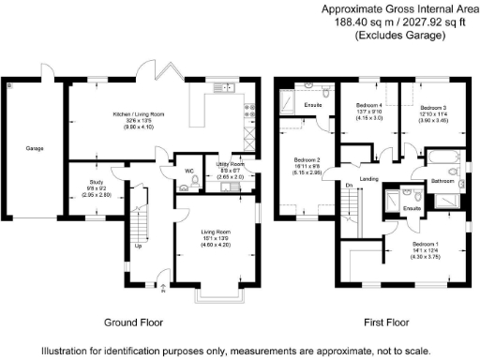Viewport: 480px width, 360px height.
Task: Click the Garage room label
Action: (x=34, y=148)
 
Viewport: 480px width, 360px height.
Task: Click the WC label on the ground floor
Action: (x=189, y=171)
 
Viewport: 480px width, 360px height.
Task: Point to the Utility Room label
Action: (x=230, y=164)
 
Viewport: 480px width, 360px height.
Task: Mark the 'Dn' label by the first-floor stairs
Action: (x=348, y=186)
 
